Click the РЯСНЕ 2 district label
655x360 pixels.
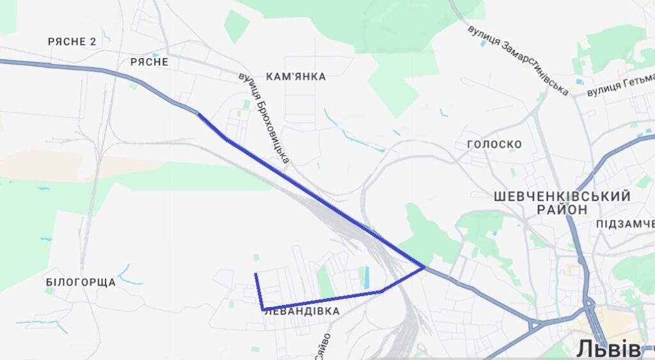click(x=72, y=42)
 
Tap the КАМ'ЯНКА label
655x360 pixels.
click(x=296, y=77)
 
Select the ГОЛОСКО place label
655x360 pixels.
click(x=494, y=145)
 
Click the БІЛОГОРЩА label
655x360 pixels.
click(x=81, y=282)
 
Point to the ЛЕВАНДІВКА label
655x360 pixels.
click(x=301, y=311)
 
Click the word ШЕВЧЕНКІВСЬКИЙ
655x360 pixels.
click(x=562, y=196)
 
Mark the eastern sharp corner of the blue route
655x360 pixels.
click(x=423, y=267)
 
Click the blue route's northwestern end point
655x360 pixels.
click(x=199, y=114)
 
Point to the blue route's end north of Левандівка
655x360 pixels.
click(x=256, y=274)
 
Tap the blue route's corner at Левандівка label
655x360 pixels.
click(x=263, y=309)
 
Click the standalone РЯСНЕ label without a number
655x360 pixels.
click(x=149, y=62)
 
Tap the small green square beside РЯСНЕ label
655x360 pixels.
click(x=133, y=86)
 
